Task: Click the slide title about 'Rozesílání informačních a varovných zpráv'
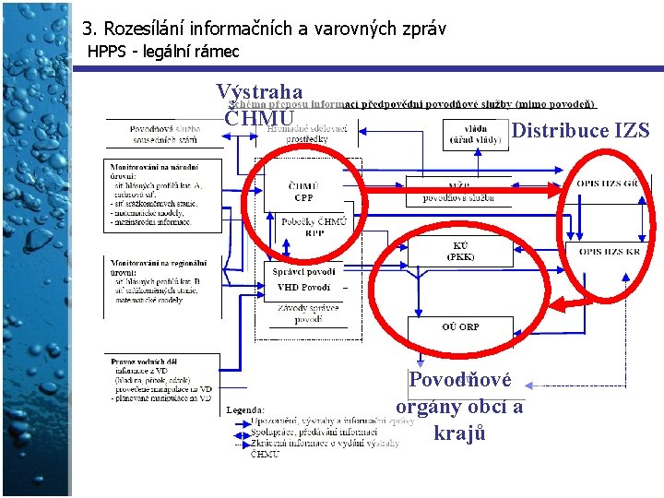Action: [264, 29]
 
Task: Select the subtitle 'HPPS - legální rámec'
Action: [162, 52]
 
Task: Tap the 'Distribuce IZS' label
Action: [580, 130]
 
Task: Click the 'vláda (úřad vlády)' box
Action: [476, 135]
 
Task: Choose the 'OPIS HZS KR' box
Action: [609, 251]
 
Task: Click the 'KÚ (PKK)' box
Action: [460, 251]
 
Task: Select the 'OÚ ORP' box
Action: [460, 326]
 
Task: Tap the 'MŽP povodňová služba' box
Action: [459, 192]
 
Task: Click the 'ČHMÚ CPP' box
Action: [304, 192]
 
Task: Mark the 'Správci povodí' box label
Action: [304, 271]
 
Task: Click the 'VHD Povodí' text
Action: [304, 288]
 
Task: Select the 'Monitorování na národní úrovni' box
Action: [163, 195]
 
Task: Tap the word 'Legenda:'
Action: [245, 409]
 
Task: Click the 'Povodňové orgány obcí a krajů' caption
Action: [459, 407]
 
